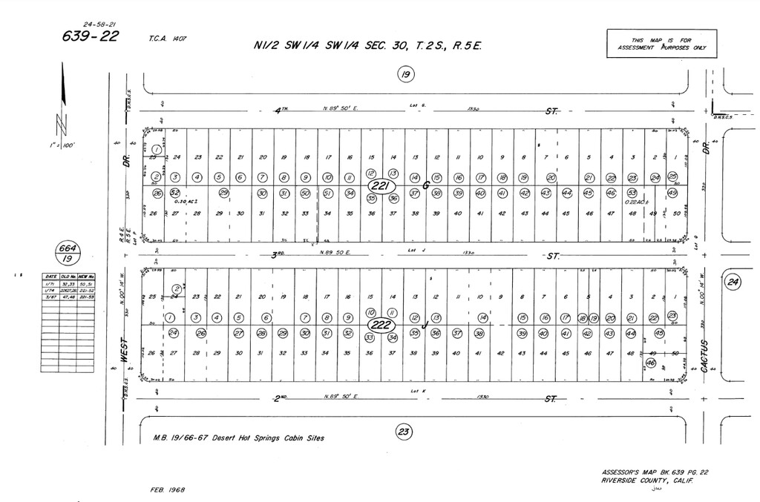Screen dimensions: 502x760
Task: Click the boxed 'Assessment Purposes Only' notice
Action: pyautogui.click(x=661, y=44)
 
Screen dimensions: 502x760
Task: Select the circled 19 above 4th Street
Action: pyautogui.click(x=404, y=73)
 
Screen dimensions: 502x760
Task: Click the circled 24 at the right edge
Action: pyautogui.click(x=733, y=282)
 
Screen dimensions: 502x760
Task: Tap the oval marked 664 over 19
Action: pyautogui.click(x=68, y=253)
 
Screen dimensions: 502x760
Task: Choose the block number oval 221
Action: pyautogui.click(x=381, y=186)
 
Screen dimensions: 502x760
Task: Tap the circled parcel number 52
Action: pyautogui.click(x=175, y=193)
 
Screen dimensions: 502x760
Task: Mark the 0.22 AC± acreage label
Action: pyautogui.click(x=635, y=202)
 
